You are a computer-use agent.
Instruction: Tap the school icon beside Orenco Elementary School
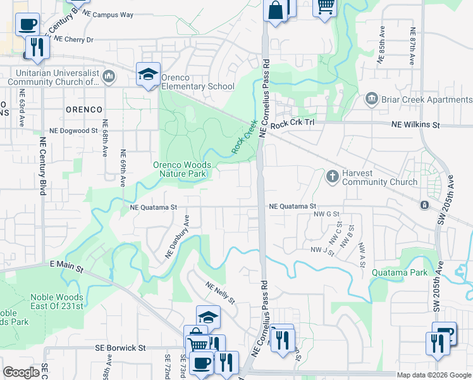point(148,75)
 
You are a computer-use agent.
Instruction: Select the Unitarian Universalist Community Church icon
point(109,77)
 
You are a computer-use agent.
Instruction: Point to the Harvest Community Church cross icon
point(333,176)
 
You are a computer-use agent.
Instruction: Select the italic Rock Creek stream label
point(243,137)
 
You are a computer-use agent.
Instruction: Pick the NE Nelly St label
point(220,292)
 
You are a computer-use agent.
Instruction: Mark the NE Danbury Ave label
point(178,236)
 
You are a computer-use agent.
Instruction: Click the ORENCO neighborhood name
point(83,110)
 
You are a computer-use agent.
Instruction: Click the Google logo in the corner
point(21,372)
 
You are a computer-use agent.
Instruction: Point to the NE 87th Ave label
point(412,46)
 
